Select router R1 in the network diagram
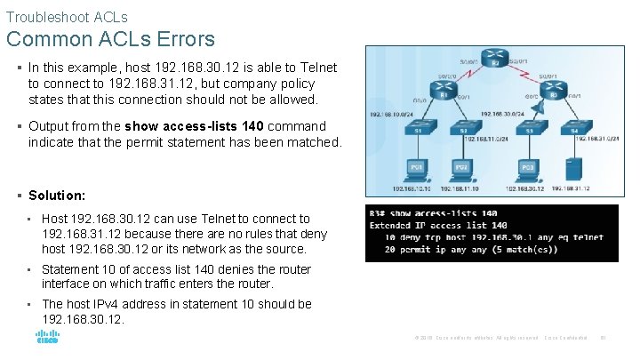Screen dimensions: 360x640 (x=443, y=92)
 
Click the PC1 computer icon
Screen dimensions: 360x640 (x=416, y=169)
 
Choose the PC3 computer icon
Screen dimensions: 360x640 (x=527, y=169)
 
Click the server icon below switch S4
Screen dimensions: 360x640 (x=576, y=168)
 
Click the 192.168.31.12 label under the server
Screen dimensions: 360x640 (x=572, y=189)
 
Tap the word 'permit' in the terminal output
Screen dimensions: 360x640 (x=415, y=250)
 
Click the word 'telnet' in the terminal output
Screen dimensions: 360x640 (x=587, y=237)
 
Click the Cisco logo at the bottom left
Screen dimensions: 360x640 (x=47, y=338)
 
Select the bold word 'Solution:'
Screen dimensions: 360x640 (x=57, y=195)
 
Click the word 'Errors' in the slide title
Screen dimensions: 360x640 (x=184, y=39)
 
